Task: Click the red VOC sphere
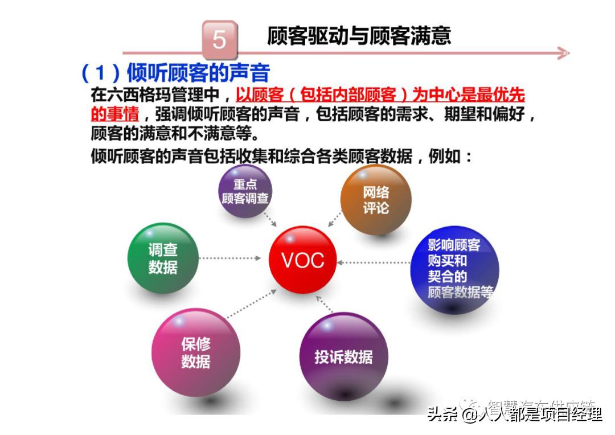(x=302, y=260)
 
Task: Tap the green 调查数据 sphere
(x=163, y=258)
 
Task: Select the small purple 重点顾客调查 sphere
(x=245, y=192)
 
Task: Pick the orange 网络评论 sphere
(x=376, y=200)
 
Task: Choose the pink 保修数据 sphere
(x=196, y=352)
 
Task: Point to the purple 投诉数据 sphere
(x=343, y=357)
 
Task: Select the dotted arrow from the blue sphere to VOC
(x=373, y=262)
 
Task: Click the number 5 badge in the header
(x=219, y=40)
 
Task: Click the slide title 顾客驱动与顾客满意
(x=359, y=35)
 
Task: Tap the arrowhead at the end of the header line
(x=563, y=54)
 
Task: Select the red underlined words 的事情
(x=115, y=113)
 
